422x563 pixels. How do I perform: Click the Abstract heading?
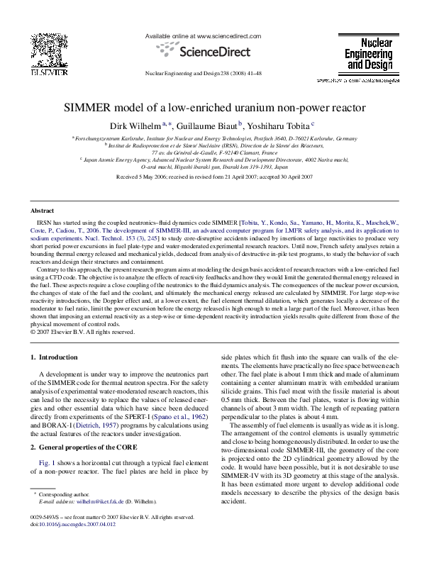coord(43,211)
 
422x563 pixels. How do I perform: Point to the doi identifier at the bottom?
coord(69,547)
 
